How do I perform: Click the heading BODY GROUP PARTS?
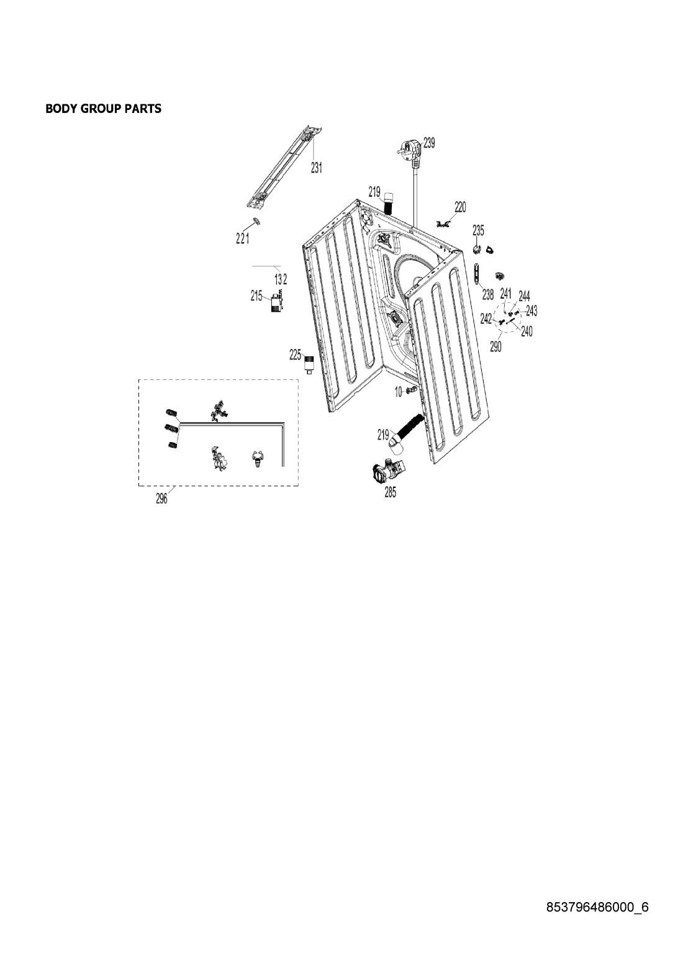tap(104, 109)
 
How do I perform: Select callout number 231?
tap(317, 168)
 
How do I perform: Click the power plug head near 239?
tap(409, 152)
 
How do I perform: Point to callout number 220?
tap(460, 207)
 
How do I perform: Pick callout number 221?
tap(242, 238)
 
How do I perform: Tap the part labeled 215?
tap(276, 301)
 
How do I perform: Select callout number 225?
tap(296, 355)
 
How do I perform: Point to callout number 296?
tap(161, 499)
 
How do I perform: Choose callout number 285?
tap(390, 492)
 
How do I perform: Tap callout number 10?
tap(399, 392)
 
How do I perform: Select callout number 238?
tap(487, 295)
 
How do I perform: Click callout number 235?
tap(478, 230)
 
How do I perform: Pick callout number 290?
tap(495, 346)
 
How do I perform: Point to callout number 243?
tap(531, 310)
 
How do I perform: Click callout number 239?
tap(429, 142)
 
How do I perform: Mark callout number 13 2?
tap(281, 279)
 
